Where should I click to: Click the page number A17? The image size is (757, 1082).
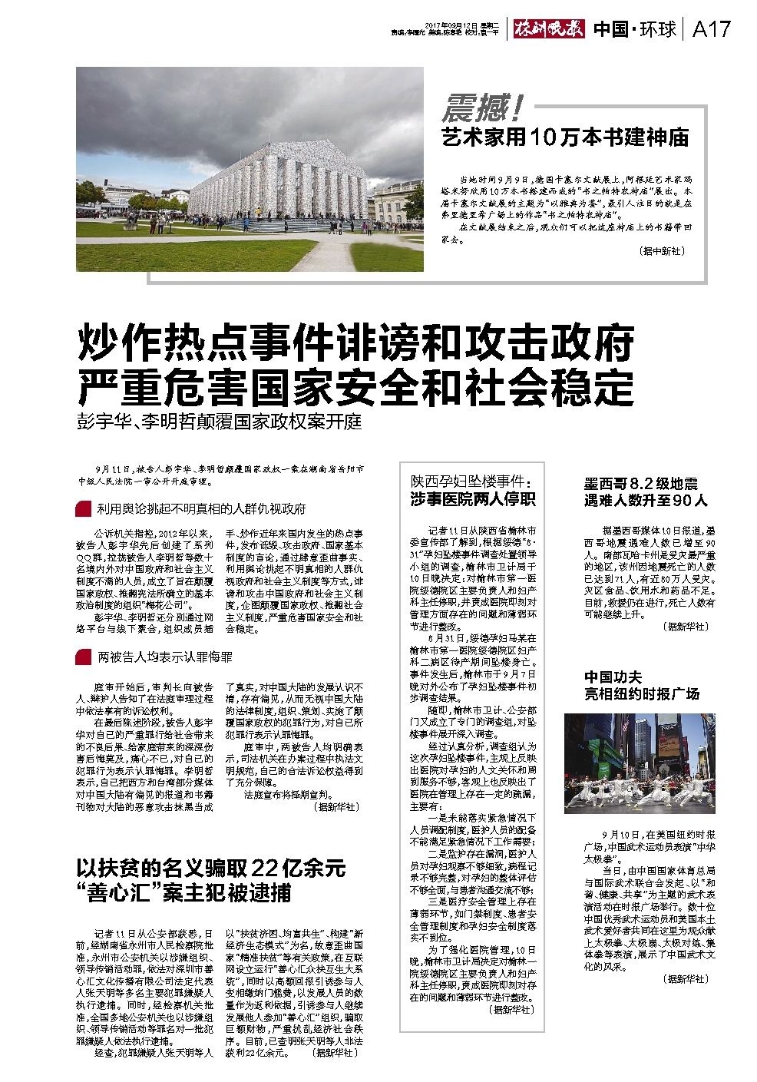(x=711, y=29)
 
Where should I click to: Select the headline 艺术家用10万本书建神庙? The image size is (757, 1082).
(x=564, y=137)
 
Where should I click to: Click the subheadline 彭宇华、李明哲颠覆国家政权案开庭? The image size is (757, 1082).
(x=219, y=423)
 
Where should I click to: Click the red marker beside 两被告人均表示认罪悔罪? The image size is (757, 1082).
(x=82, y=657)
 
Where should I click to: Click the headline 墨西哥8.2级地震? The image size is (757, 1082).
(x=640, y=485)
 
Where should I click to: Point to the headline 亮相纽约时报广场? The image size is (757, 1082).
(x=642, y=693)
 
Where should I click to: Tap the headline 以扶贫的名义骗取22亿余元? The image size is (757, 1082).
(x=211, y=869)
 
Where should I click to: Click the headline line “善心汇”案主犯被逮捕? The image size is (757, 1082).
(x=183, y=893)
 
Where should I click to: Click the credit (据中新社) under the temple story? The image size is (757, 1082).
(x=661, y=251)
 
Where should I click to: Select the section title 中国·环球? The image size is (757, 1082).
(x=635, y=29)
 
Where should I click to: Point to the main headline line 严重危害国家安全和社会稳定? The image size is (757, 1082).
(x=355, y=387)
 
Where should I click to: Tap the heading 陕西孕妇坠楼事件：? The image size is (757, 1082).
(x=471, y=482)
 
